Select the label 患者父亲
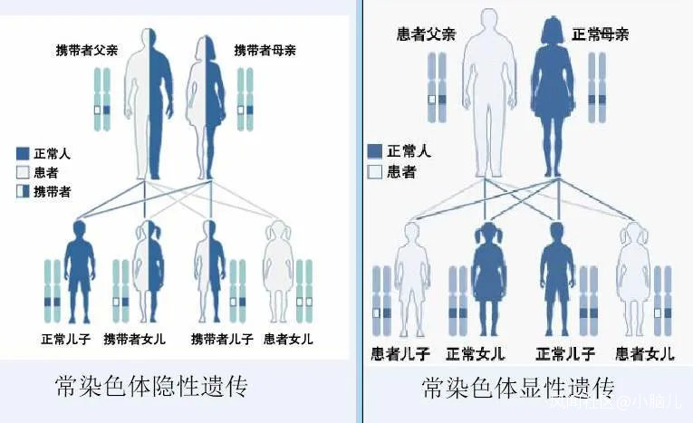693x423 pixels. [426, 34]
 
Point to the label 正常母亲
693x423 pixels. [601, 34]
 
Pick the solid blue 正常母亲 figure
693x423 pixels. [549, 95]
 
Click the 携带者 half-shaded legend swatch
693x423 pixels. [24, 192]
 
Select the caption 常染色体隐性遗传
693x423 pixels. [151, 387]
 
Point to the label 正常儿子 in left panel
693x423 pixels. [66, 339]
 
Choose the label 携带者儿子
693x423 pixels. [221, 339]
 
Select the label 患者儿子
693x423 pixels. [400, 352]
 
